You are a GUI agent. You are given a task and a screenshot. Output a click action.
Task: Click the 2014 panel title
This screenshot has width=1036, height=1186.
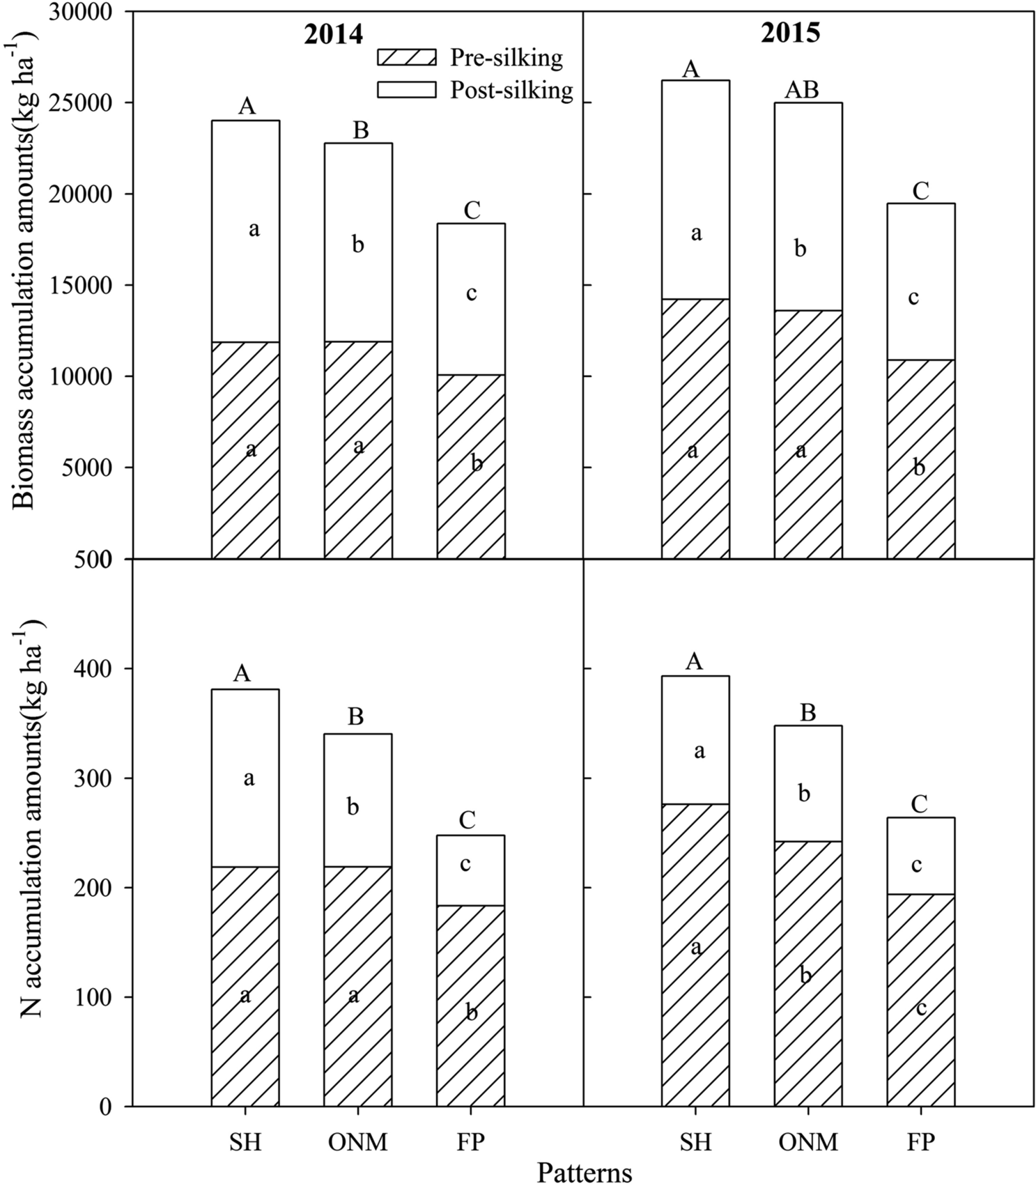click(x=333, y=34)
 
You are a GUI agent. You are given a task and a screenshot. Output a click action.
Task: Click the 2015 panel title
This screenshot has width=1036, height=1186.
click(x=790, y=33)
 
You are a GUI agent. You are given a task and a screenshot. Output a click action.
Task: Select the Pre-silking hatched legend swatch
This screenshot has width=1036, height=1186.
click(x=406, y=57)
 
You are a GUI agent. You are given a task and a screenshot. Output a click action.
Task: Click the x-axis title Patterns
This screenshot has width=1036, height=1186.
click(x=585, y=1172)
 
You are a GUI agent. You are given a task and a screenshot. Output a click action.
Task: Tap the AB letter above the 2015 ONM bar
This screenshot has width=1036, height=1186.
click(x=802, y=90)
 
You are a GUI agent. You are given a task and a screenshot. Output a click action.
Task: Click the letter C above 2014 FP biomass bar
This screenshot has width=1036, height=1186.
click(x=472, y=210)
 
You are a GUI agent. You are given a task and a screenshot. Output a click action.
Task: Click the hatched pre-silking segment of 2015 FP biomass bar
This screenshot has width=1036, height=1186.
click(x=920, y=488)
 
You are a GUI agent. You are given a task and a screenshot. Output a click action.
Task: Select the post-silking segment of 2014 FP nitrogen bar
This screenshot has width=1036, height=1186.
click(x=470, y=870)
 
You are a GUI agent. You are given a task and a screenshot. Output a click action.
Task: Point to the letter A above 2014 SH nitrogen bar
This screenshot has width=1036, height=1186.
click(x=241, y=673)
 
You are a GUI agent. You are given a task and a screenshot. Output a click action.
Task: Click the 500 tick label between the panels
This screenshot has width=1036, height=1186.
click(x=100, y=560)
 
